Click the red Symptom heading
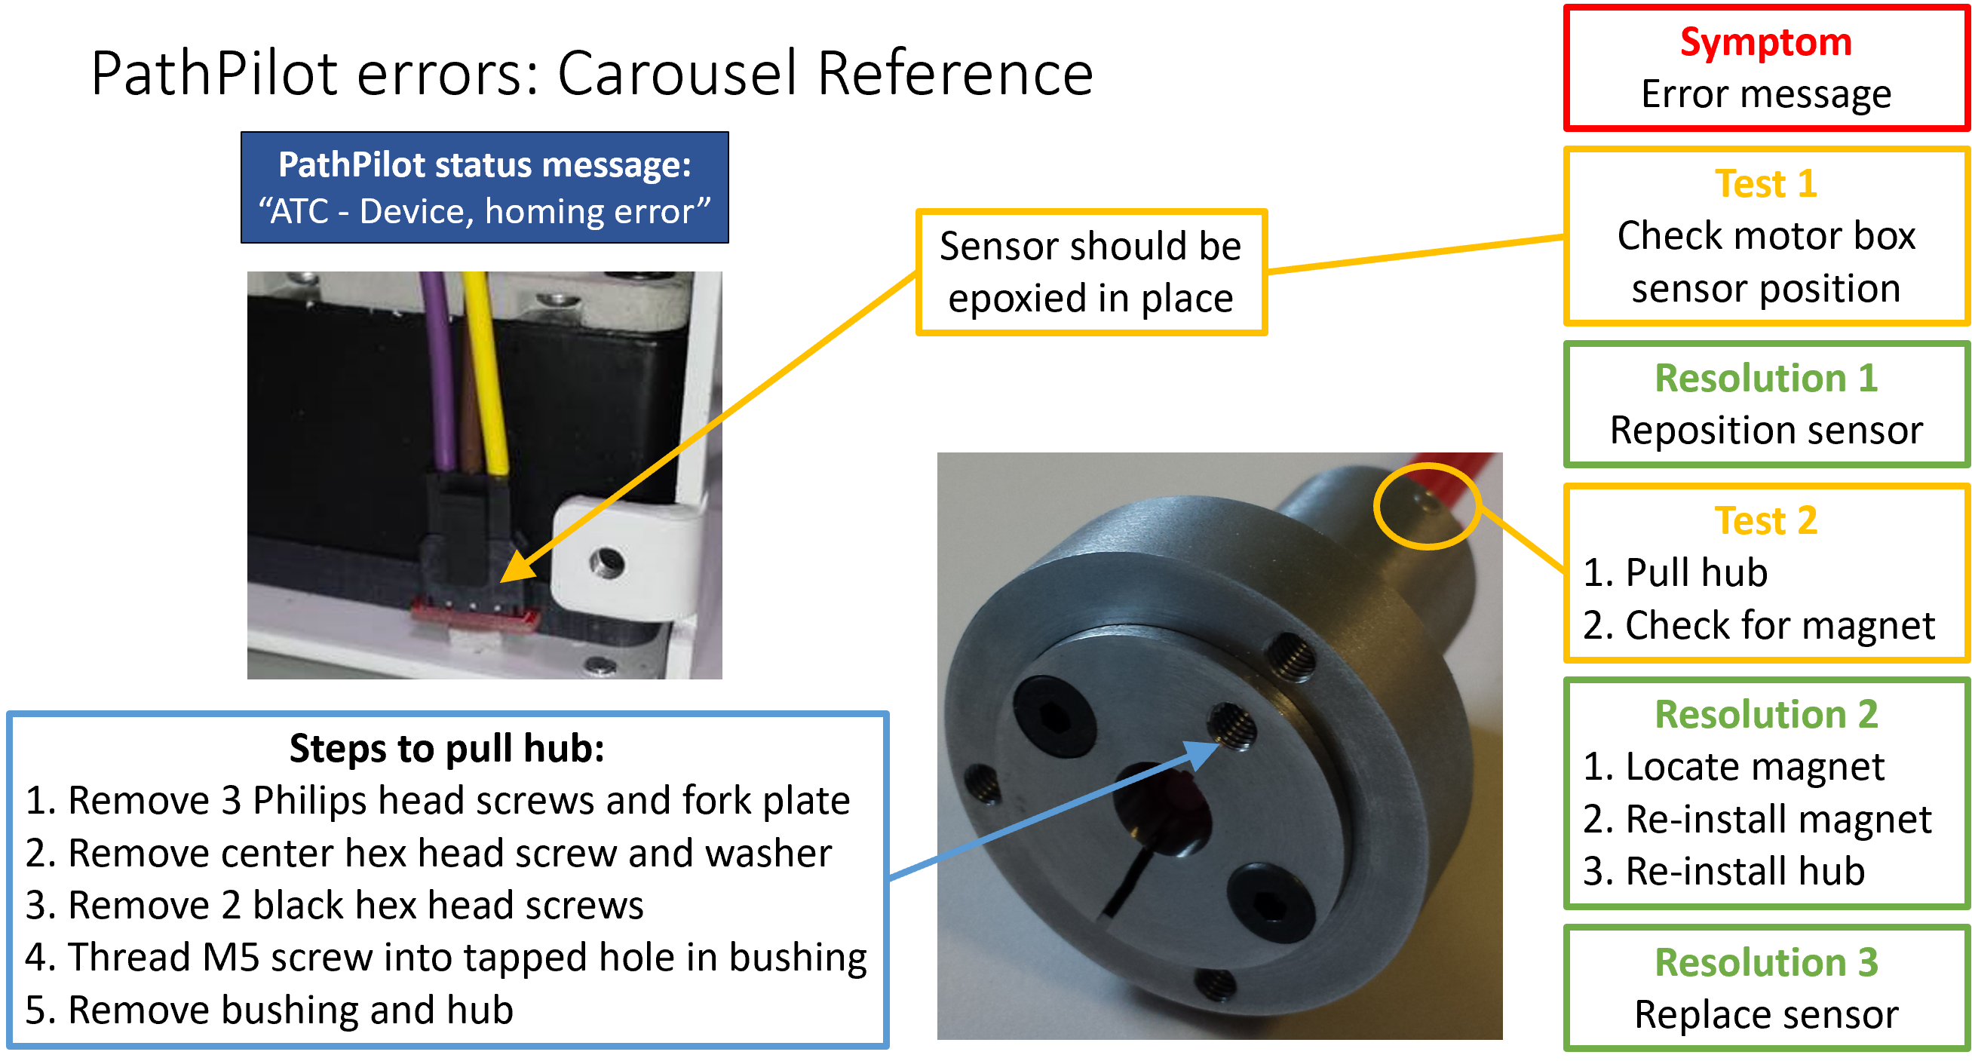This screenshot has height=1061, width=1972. coord(1766,41)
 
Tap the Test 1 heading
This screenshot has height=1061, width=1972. coord(1766,184)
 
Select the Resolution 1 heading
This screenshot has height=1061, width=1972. coord(1766,378)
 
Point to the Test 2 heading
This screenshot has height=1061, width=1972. coord(1766,520)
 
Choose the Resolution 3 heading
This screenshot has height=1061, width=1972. coord(1766,962)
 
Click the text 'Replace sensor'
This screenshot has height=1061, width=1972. coord(1766,1014)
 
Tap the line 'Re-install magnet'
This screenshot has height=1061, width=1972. coord(1758,819)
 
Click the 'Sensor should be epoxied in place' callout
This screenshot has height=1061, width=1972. coord(1091,272)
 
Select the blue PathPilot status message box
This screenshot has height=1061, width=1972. coord(485,188)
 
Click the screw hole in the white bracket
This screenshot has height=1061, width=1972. coord(607,564)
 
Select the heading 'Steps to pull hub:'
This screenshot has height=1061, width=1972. coord(447,748)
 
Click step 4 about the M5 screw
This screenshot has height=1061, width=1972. coord(446,958)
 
